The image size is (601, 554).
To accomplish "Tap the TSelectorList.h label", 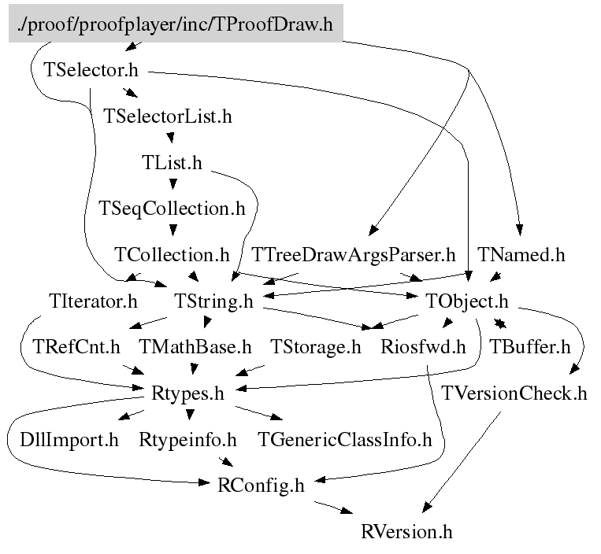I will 168,116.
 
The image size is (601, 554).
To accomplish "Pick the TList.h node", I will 172,163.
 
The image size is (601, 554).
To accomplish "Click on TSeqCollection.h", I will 172,209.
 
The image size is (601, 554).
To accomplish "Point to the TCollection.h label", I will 172,255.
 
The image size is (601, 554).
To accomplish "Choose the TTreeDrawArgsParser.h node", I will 354,255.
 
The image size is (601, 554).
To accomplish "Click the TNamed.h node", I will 521,255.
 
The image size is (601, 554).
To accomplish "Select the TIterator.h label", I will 92,301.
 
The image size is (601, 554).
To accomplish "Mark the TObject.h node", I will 467,301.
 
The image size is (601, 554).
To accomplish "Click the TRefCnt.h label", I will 76,346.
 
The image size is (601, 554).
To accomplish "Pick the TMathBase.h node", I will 195,346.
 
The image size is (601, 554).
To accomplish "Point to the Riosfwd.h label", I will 423,346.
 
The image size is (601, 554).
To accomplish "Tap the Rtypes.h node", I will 188,393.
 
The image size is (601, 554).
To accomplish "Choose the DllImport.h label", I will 69,439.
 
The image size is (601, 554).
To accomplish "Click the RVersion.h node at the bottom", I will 406,531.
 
